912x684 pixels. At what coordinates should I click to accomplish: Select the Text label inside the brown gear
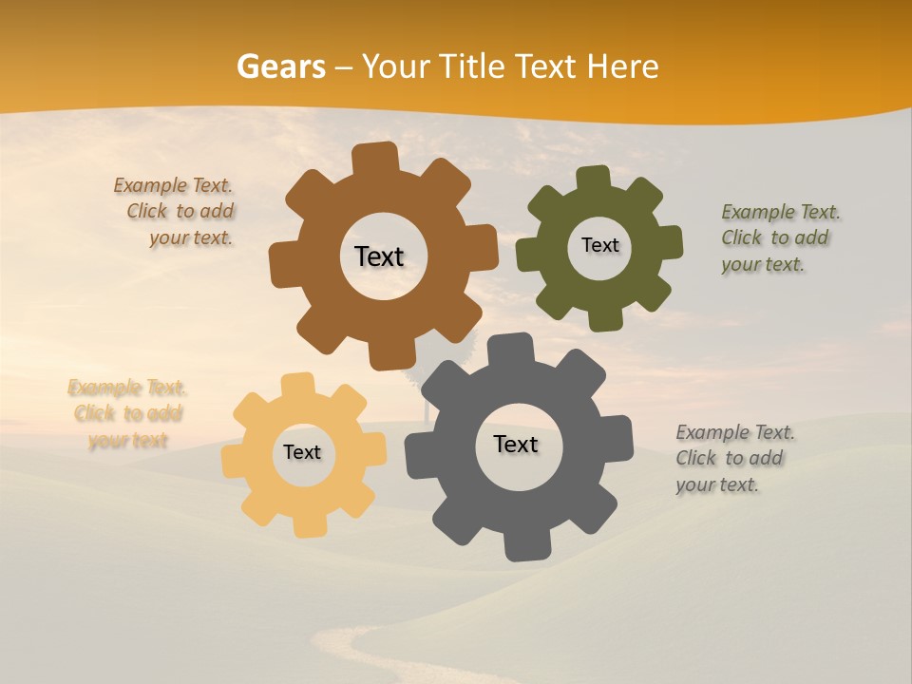click(x=379, y=256)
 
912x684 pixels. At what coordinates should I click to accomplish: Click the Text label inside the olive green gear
click(x=599, y=245)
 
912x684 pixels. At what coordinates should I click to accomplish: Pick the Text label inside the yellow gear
click(x=302, y=453)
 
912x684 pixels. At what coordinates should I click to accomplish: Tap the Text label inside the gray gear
click(x=516, y=445)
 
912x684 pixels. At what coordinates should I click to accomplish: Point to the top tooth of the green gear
click(x=593, y=178)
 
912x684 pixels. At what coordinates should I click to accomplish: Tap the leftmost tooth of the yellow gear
click(x=234, y=460)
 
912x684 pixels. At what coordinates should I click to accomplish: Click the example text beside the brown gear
click(x=177, y=212)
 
